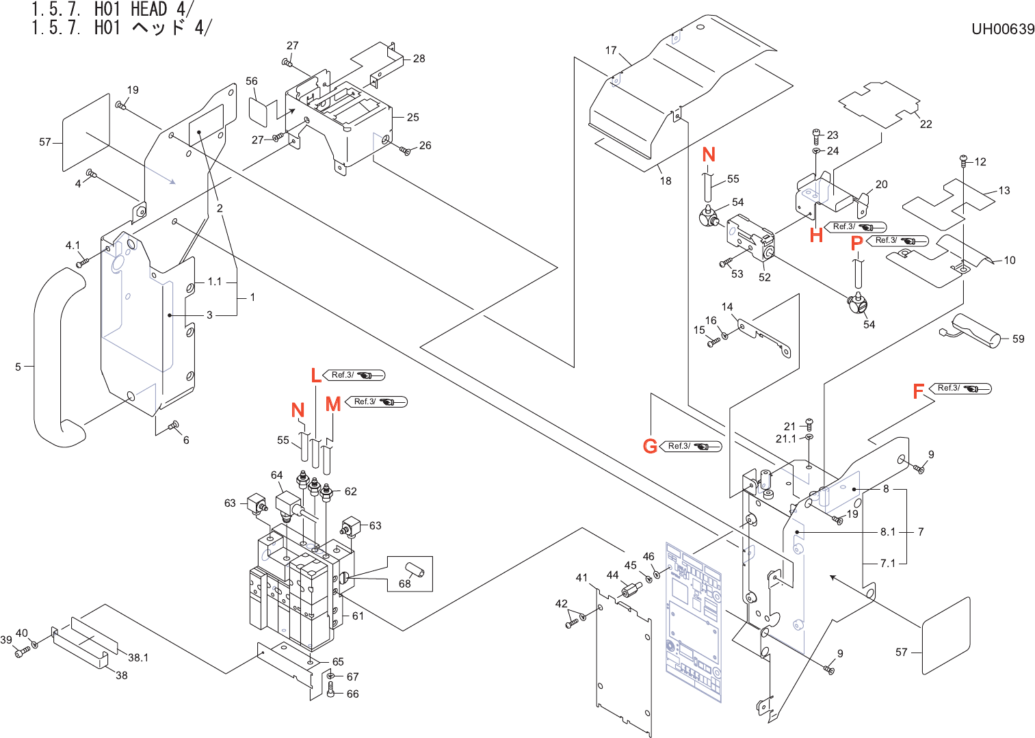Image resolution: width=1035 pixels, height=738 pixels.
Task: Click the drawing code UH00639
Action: [1002, 29]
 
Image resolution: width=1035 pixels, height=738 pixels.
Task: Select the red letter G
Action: [650, 447]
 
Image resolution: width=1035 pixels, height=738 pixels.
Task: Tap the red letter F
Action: [919, 391]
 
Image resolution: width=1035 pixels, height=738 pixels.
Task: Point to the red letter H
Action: [816, 235]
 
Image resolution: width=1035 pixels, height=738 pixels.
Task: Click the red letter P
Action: [856, 243]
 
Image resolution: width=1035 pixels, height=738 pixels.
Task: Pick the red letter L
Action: [315, 375]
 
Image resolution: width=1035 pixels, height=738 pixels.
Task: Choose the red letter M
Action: [333, 404]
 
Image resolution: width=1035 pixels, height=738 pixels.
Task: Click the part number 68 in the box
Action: [405, 583]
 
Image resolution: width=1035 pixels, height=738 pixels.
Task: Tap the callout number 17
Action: [611, 50]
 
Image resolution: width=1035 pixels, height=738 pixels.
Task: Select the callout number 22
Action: [926, 124]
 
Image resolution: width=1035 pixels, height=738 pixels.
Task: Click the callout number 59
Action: [1018, 339]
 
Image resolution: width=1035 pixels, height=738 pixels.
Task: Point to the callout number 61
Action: [358, 616]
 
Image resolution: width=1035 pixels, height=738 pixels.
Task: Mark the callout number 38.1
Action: [138, 657]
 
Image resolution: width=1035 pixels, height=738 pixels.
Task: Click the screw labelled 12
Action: [964, 161]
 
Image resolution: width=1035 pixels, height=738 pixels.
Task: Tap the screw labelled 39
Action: [21, 653]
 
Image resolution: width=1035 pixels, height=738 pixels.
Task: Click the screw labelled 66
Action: [331, 692]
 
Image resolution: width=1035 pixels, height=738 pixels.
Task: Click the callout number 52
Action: [764, 277]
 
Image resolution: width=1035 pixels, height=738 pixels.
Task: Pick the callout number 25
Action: [412, 117]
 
